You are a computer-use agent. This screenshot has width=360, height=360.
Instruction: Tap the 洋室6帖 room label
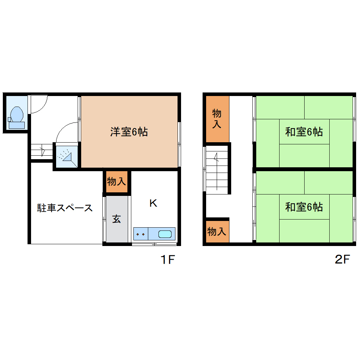[129, 132]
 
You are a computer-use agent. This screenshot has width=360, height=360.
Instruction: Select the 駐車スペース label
[65, 208]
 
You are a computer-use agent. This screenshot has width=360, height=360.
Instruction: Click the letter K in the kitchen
[153, 203]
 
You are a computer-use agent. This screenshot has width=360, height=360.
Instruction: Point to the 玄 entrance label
[116, 219]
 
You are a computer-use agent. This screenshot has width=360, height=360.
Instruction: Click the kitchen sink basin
[165, 234]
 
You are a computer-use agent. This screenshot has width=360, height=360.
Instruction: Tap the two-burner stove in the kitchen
[141, 234]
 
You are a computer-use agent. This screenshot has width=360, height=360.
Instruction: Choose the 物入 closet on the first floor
[116, 182]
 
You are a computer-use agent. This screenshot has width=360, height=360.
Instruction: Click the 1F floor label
[168, 260]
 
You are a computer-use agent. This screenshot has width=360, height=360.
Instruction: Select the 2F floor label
[342, 260]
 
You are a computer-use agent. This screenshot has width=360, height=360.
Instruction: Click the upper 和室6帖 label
[304, 132]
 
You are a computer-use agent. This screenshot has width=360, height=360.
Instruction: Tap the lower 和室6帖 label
[304, 207]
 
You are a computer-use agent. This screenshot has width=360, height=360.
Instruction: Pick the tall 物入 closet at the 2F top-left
[217, 119]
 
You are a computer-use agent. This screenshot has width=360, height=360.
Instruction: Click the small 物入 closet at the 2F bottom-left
[217, 232]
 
